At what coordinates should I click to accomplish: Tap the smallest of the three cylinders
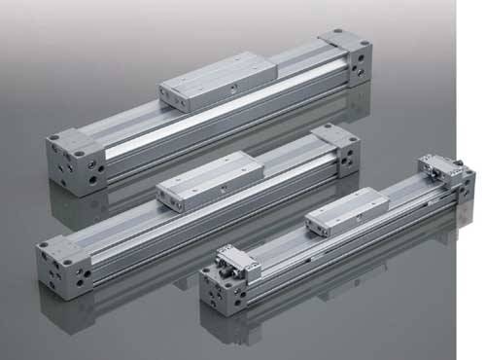340,234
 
